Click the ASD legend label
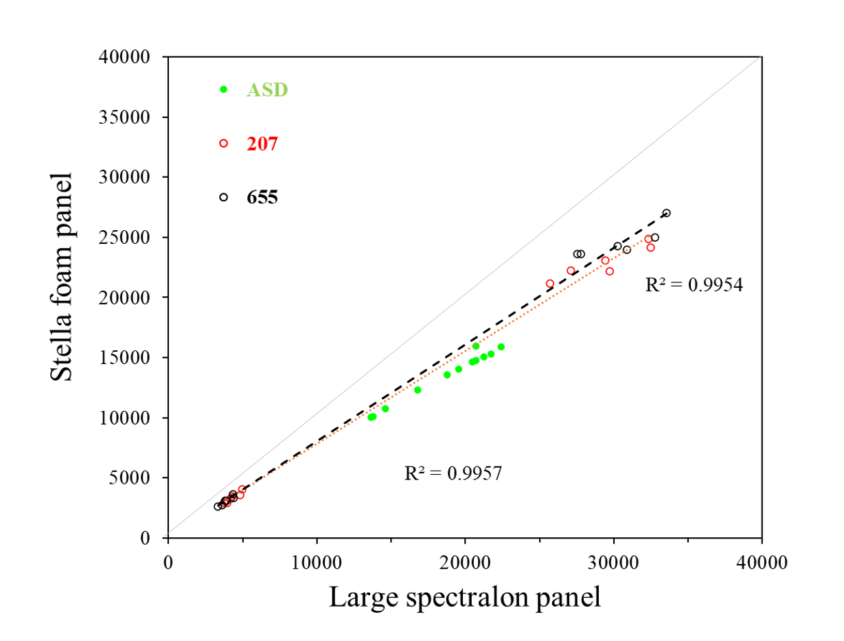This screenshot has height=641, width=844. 267,90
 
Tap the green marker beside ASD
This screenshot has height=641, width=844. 223,89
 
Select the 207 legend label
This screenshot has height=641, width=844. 262,144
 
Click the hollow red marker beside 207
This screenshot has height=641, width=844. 223,144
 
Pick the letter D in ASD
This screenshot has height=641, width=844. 280,90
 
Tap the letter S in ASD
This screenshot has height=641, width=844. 266,90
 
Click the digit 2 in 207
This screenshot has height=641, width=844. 252,144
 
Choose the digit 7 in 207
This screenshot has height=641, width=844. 273,144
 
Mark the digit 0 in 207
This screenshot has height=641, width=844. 263,144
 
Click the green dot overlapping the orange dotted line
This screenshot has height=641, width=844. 476,346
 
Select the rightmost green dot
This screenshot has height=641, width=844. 501,346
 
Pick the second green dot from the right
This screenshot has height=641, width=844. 491,354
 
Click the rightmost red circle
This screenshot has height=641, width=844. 651,248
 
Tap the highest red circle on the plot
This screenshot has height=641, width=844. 648,238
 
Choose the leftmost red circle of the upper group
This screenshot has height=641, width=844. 550,283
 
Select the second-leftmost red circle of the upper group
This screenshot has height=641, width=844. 571,270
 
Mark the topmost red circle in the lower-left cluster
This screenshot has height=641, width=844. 242,488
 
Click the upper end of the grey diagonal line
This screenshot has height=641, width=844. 762,56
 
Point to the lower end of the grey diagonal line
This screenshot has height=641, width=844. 165,536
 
